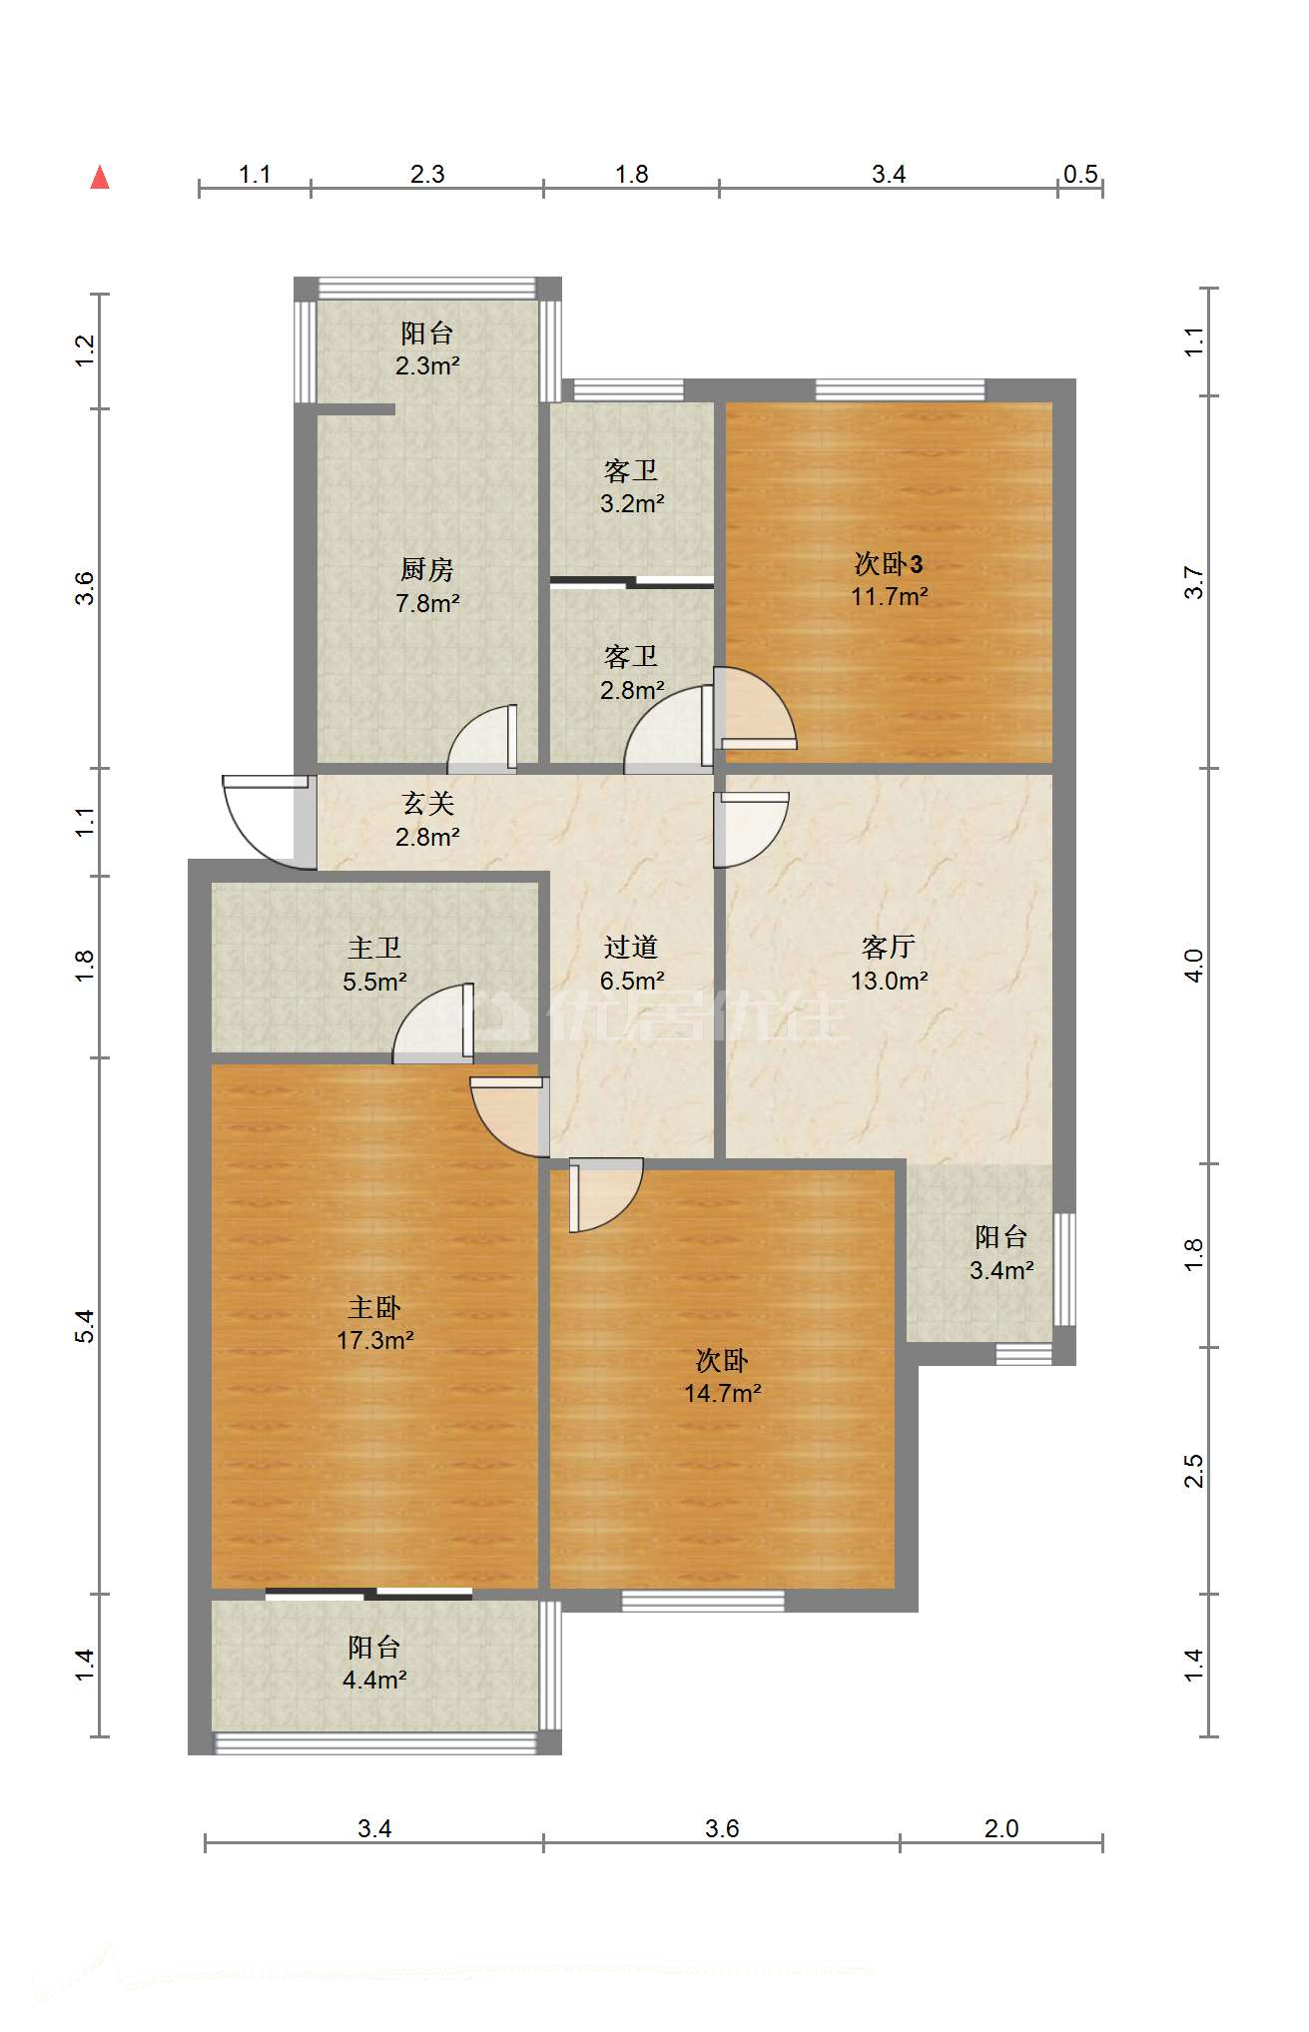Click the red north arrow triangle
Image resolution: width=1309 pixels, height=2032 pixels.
coord(100,178)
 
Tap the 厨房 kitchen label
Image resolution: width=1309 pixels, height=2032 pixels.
coord(427,569)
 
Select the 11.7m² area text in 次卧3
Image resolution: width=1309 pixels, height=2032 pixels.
coord(889,597)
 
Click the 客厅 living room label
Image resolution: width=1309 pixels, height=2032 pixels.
coord(889,947)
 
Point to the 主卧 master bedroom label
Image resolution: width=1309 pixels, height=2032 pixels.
coord(374,1307)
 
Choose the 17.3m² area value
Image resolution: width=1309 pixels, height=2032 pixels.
coord(374,1340)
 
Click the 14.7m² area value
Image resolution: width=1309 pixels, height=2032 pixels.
coord(722,1393)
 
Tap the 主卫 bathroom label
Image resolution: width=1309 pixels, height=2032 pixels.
coord(374,948)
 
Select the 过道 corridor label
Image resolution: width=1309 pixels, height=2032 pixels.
coord(631,947)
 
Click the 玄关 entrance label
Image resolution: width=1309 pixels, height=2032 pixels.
coord(427,804)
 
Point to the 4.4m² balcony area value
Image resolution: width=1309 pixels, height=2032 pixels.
coord(374,1681)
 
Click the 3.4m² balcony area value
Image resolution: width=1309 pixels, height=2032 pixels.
coord(1001,1270)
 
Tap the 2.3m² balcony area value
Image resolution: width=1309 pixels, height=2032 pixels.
coord(427,366)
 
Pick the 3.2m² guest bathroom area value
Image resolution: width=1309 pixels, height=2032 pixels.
coord(632,504)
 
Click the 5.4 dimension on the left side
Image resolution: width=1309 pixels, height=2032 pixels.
coord(85,1326)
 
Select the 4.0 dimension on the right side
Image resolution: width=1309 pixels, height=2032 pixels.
coord(1194,966)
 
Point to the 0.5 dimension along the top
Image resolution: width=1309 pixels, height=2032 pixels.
coord(1080,175)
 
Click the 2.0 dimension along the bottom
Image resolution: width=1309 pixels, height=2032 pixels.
coord(1001,1828)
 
